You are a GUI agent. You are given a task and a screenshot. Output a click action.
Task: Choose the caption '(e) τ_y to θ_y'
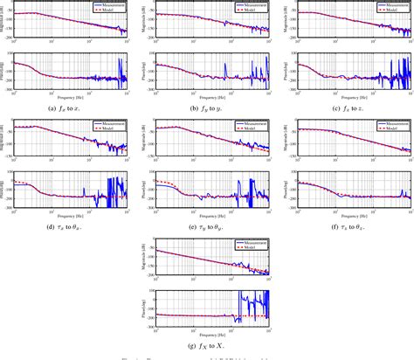click(204, 225)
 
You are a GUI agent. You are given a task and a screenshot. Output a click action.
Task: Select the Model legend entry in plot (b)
click(252, 10)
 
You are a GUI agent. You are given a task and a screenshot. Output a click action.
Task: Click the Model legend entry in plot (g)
click(252, 248)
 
